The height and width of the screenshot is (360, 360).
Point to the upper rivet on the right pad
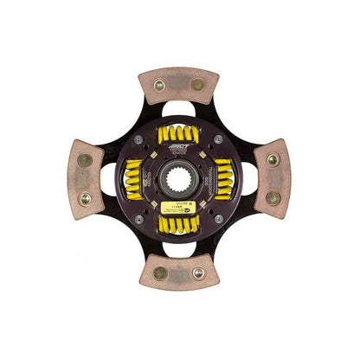273,160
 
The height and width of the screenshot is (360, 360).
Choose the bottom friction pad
179,273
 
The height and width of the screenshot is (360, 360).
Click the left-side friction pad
85,177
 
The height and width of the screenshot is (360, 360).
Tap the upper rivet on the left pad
85,160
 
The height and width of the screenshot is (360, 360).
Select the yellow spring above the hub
179,134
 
